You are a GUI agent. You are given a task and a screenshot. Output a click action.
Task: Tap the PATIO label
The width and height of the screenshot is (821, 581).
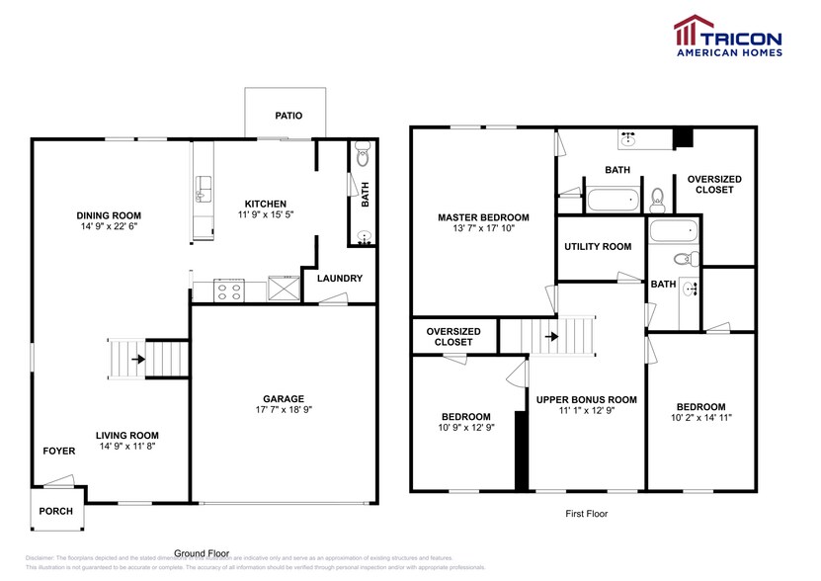288,116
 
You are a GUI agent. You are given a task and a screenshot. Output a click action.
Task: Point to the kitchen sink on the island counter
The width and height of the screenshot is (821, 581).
204,188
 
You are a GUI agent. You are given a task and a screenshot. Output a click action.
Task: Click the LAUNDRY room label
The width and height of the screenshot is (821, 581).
340,279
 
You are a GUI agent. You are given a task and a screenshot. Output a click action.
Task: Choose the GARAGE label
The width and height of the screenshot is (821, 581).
283,399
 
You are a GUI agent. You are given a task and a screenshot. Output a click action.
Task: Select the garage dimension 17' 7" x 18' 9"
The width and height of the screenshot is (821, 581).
283,410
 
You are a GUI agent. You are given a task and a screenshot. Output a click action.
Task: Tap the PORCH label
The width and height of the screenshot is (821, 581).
54,512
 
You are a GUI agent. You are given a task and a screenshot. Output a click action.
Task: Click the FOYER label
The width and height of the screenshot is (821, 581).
58,451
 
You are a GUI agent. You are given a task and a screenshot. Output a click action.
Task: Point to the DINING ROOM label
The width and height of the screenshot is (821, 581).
109,215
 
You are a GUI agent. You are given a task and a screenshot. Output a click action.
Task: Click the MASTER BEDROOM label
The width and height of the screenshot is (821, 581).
483,217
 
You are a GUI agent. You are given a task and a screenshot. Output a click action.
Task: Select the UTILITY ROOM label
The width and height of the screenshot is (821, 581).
597,247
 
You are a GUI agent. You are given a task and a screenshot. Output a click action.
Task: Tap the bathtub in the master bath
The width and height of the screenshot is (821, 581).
615,202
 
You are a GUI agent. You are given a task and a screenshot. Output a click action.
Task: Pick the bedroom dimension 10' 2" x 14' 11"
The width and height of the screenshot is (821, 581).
700,418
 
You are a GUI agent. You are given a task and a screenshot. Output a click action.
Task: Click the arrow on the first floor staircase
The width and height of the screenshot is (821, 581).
549,336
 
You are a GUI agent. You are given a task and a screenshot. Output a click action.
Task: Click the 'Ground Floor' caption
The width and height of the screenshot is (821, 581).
202,553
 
